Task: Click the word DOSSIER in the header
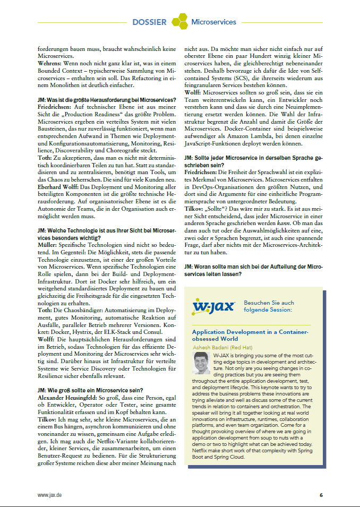point(149,22)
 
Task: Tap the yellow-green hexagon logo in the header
point(180,21)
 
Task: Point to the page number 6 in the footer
point(321,495)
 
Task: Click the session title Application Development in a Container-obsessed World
point(250,334)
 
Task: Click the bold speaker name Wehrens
point(50,63)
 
